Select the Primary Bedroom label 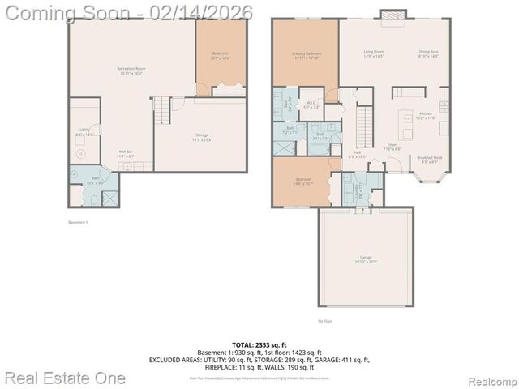pos(306,55)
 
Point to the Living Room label pos(373,53)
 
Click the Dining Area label pos(428,53)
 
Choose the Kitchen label pos(426,116)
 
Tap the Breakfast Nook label pos(429,160)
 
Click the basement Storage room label pos(202,137)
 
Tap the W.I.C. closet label pos(311,105)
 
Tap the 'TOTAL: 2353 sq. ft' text pos(259,345)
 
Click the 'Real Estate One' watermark pos(65,378)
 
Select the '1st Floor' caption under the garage pos(325,321)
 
